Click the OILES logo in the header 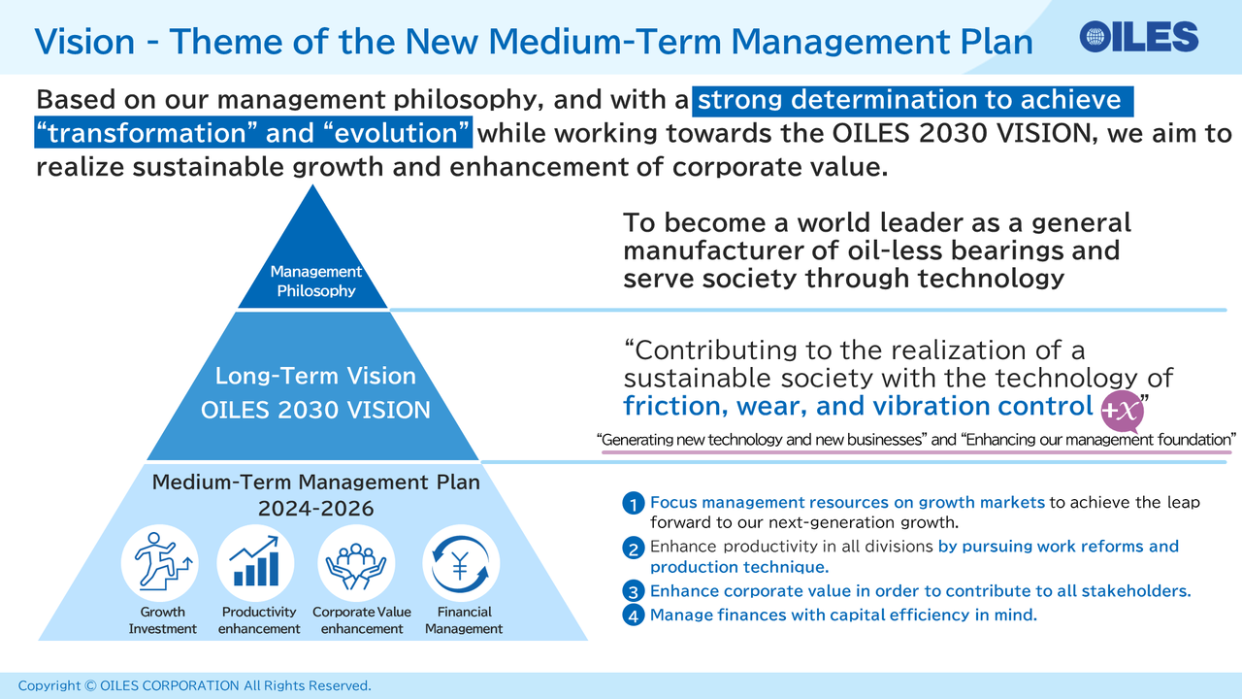point(1139,37)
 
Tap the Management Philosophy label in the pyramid point(316,281)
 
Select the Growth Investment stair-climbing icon point(161,562)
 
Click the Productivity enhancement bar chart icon point(255,562)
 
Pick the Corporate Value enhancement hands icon point(356,562)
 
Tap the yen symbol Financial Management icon point(461,562)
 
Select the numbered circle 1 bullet point(634,504)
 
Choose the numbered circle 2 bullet point(634,549)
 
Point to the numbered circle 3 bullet point(634,591)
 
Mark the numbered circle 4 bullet point(634,616)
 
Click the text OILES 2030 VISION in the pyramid point(315,411)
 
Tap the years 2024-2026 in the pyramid point(316,509)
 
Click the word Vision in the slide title point(84,42)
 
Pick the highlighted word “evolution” point(396,133)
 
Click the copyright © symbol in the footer point(90,685)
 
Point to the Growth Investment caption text point(162,620)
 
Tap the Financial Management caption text point(464,620)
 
